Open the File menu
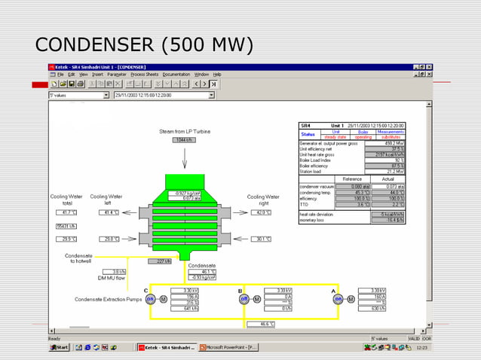[60, 75]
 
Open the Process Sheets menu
[144, 75]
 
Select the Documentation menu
[176, 75]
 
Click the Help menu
[217, 75]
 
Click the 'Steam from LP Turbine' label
[185, 131]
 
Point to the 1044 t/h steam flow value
[184, 139]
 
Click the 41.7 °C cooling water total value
[66, 212]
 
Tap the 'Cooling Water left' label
[106, 200]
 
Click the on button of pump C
[150, 299]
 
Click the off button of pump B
[244, 299]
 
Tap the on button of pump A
[339, 299]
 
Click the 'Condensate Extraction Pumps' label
[109, 300]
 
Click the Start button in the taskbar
[60, 347]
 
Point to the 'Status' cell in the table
[308, 134]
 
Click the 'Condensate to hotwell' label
[79, 258]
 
